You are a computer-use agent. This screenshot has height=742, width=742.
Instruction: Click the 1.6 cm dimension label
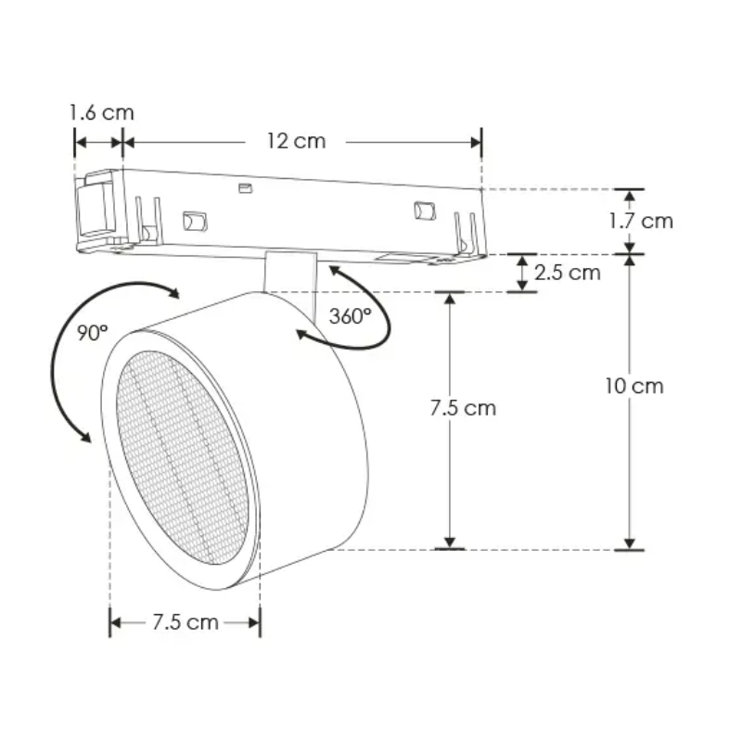pyautogui.click(x=102, y=112)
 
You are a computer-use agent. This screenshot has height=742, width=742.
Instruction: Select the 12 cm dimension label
pyautogui.click(x=296, y=141)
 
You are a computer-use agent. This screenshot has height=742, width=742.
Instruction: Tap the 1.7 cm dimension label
pyautogui.click(x=641, y=221)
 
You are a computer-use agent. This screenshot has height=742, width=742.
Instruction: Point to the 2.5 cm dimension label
pyautogui.click(x=568, y=273)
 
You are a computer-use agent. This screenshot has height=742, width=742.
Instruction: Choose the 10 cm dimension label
pyautogui.click(x=634, y=386)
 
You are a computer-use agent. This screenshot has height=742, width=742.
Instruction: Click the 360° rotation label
pyautogui.click(x=351, y=316)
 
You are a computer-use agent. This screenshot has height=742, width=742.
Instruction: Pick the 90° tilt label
pyautogui.click(x=93, y=333)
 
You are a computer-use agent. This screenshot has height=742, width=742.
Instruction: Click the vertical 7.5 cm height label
pyautogui.click(x=463, y=408)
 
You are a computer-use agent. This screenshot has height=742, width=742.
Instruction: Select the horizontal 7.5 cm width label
pyautogui.click(x=185, y=621)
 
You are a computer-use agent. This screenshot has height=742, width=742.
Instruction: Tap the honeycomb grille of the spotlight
pyautogui.click(x=182, y=457)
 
